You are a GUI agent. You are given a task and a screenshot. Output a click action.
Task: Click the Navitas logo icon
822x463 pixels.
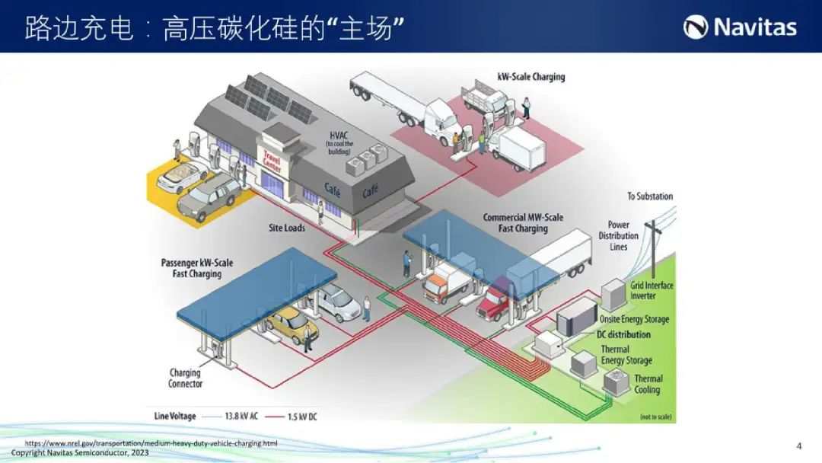click(696, 27)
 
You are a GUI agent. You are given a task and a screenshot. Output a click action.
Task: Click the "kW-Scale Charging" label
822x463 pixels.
click(531, 77)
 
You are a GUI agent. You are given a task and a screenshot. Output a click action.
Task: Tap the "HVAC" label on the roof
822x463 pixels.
click(339, 136)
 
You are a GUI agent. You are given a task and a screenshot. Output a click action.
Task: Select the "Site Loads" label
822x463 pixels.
click(287, 228)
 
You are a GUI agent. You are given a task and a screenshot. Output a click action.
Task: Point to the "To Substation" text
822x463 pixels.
click(650, 196)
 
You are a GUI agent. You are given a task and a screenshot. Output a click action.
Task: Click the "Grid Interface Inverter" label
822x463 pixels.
click(652, 290)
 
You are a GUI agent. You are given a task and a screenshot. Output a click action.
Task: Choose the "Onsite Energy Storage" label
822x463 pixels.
click(634, 319)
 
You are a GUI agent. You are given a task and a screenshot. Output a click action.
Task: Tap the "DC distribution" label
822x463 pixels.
click(623, 334)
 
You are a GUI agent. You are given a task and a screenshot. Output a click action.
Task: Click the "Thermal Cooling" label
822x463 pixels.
click(648, 384)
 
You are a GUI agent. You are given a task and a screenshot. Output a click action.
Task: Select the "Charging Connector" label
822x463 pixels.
click(185, 378)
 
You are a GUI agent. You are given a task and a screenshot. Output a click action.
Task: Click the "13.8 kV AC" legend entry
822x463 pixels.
click(230, 417)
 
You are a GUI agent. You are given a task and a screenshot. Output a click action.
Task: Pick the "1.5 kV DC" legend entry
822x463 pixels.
click(291, 417)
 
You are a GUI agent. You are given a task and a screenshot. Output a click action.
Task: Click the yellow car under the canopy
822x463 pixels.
click(293, 324)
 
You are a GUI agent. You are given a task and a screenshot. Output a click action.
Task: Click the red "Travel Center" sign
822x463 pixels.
click(272, 161)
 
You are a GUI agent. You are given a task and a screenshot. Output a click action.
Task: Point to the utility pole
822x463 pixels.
click(653, 248)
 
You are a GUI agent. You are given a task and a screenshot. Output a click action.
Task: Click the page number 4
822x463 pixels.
click(798, 446)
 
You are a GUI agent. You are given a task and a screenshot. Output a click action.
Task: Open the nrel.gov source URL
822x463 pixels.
click(151, 443)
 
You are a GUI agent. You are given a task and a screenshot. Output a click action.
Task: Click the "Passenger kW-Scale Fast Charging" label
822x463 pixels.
click(196, 268)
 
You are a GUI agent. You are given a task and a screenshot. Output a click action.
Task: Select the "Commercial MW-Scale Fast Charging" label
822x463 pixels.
click(523, 223)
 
